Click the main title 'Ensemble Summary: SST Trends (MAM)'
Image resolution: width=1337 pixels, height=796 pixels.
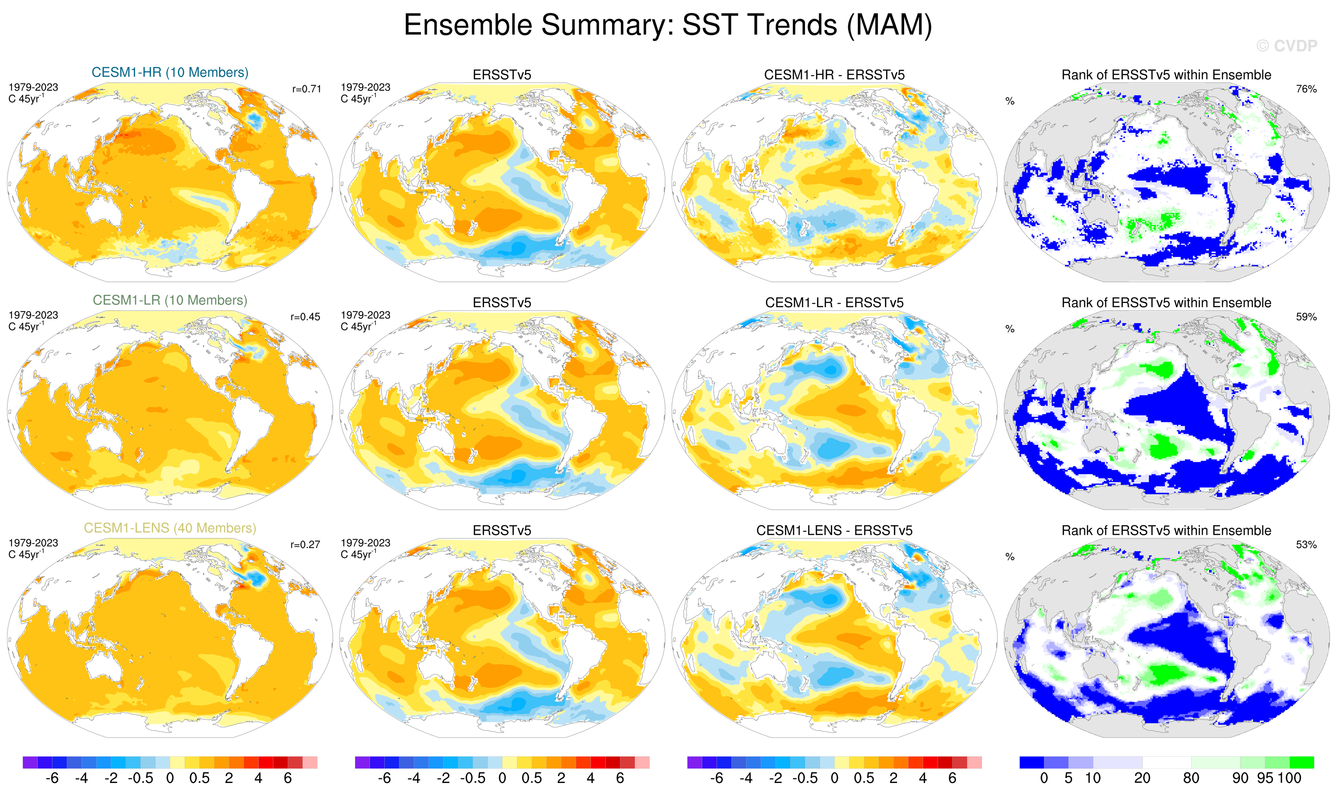[668, 25]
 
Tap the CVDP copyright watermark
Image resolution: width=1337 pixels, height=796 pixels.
[1286, 46]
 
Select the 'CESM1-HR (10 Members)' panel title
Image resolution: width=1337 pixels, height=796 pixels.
[170, 73]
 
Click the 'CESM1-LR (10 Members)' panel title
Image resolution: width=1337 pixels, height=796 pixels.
[170, 300]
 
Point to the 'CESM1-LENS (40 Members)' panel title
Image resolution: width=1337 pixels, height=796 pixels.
[170, 528]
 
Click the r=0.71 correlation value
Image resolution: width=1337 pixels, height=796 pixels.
[307, 89]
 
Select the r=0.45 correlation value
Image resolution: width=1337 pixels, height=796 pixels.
[306, 317]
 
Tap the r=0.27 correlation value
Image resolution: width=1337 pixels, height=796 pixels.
[306, 545]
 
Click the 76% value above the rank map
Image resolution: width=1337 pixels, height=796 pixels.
[1306, 89]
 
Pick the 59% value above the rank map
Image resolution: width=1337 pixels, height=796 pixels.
[1306, 317]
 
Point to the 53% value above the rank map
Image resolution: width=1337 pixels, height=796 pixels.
[1306, 545]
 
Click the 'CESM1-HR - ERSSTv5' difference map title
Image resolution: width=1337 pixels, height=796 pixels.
[834, 75]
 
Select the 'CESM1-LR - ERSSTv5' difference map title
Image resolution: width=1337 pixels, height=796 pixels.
[834, 303]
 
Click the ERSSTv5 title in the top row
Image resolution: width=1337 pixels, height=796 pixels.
[502, 75]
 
